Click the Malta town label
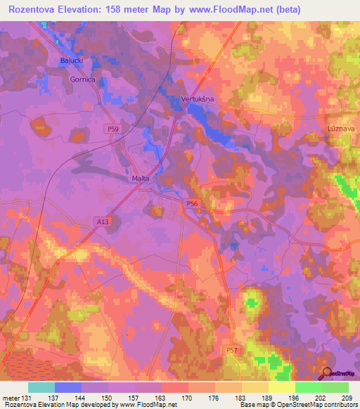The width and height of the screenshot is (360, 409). [141, 178]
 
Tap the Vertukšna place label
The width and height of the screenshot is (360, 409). [198, 99]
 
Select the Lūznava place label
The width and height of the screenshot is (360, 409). [342, 129]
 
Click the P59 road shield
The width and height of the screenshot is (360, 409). [113, 129]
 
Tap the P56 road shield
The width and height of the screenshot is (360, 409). [193, 203]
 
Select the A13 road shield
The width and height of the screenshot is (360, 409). [103, 221]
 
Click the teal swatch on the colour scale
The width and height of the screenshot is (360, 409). [41, 387]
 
